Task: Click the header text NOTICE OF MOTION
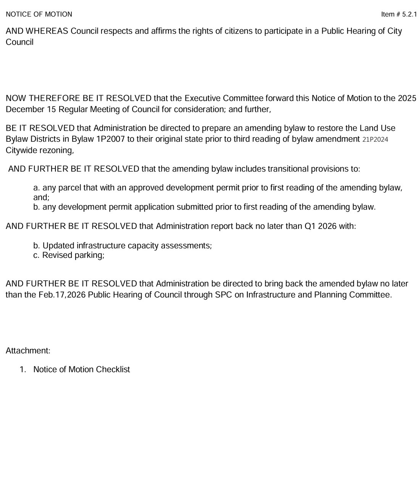pyautogui.click(x=39, y=15)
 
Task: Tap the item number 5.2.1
pyautogui.click(x=409, y=15)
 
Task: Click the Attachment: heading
pyautogui.click(x=28, y=350)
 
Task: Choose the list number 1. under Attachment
pyautogui.click(x=23, y=369)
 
